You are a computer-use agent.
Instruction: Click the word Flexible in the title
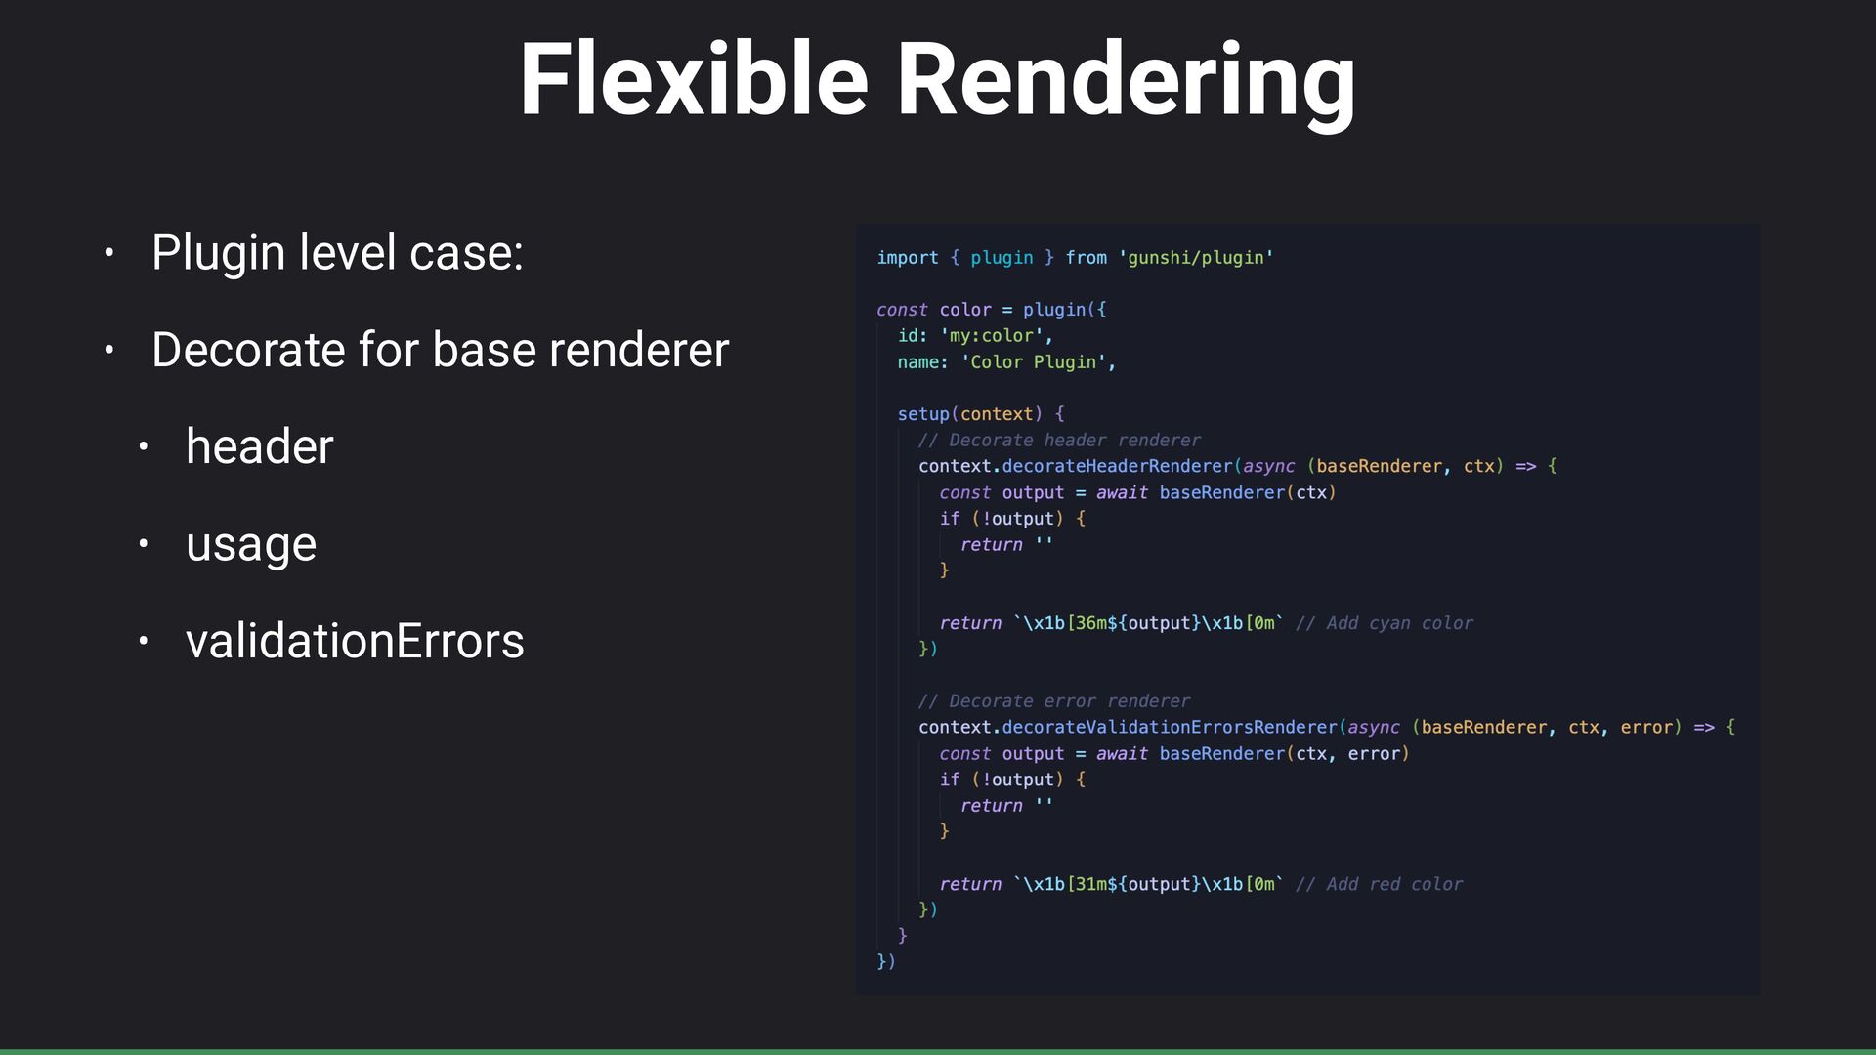[693, 80]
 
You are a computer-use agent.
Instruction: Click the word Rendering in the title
[1125, 82]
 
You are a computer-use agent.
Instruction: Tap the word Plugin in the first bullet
[219, 253]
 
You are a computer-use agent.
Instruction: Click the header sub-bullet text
[260, 446]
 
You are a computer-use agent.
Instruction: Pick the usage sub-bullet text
[251, 544]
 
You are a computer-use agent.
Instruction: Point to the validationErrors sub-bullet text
[355, 641]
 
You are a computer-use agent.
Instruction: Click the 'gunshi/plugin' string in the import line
[1196, 258]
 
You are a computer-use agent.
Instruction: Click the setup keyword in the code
[922, 414]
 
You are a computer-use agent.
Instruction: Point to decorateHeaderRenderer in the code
[1117, 467]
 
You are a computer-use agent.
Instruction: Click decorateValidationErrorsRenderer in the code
[1169, 728]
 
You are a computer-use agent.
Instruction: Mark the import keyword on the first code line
[907, 258]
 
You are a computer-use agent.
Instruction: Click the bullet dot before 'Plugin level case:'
[109, 253]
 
